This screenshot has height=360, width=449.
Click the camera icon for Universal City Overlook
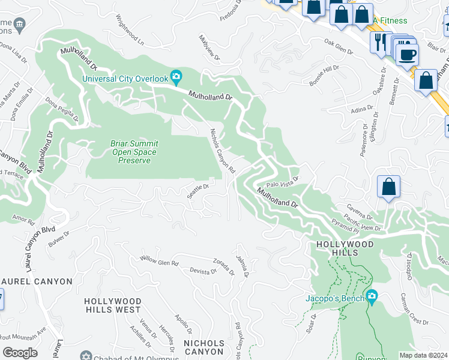176,76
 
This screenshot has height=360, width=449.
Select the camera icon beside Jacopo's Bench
372,296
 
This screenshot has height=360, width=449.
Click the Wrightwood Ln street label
130,32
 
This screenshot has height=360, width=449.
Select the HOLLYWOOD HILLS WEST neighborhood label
112,305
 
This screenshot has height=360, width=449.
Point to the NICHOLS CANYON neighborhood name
203,347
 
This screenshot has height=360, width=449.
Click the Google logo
20,353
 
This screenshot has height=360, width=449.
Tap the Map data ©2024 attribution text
423,355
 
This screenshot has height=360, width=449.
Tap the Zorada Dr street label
223,266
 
